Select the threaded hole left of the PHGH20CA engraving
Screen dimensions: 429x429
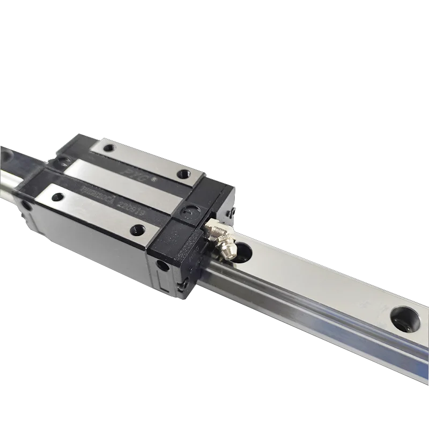point(59,196)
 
